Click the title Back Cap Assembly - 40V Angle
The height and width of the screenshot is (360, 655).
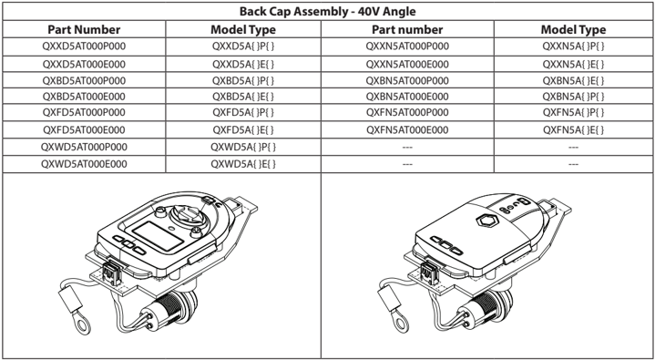pyautogui.click(x=328, y=11)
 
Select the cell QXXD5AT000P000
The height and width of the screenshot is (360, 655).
pyautogui.click(x=84, y=46)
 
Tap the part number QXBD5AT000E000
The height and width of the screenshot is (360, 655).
pyautogui.click(x=84, y=97)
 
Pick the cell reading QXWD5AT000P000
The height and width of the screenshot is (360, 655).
pyautogui.click(x=84, y=147)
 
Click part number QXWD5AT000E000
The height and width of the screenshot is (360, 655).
pyautogui.click(x=84, y=164)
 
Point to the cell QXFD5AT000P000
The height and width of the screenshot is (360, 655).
pyautogui.click(x=84, y=113)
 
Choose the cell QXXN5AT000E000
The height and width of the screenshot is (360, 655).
pyautogui.click(x=407, y=65)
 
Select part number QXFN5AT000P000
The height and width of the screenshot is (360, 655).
pyautogui.click(x=407, y=113)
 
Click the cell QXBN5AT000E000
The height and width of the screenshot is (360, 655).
pyautogui.click(x=407, y=97)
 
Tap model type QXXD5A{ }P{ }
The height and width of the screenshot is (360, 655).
pyautogui.click(x=243, y=46)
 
